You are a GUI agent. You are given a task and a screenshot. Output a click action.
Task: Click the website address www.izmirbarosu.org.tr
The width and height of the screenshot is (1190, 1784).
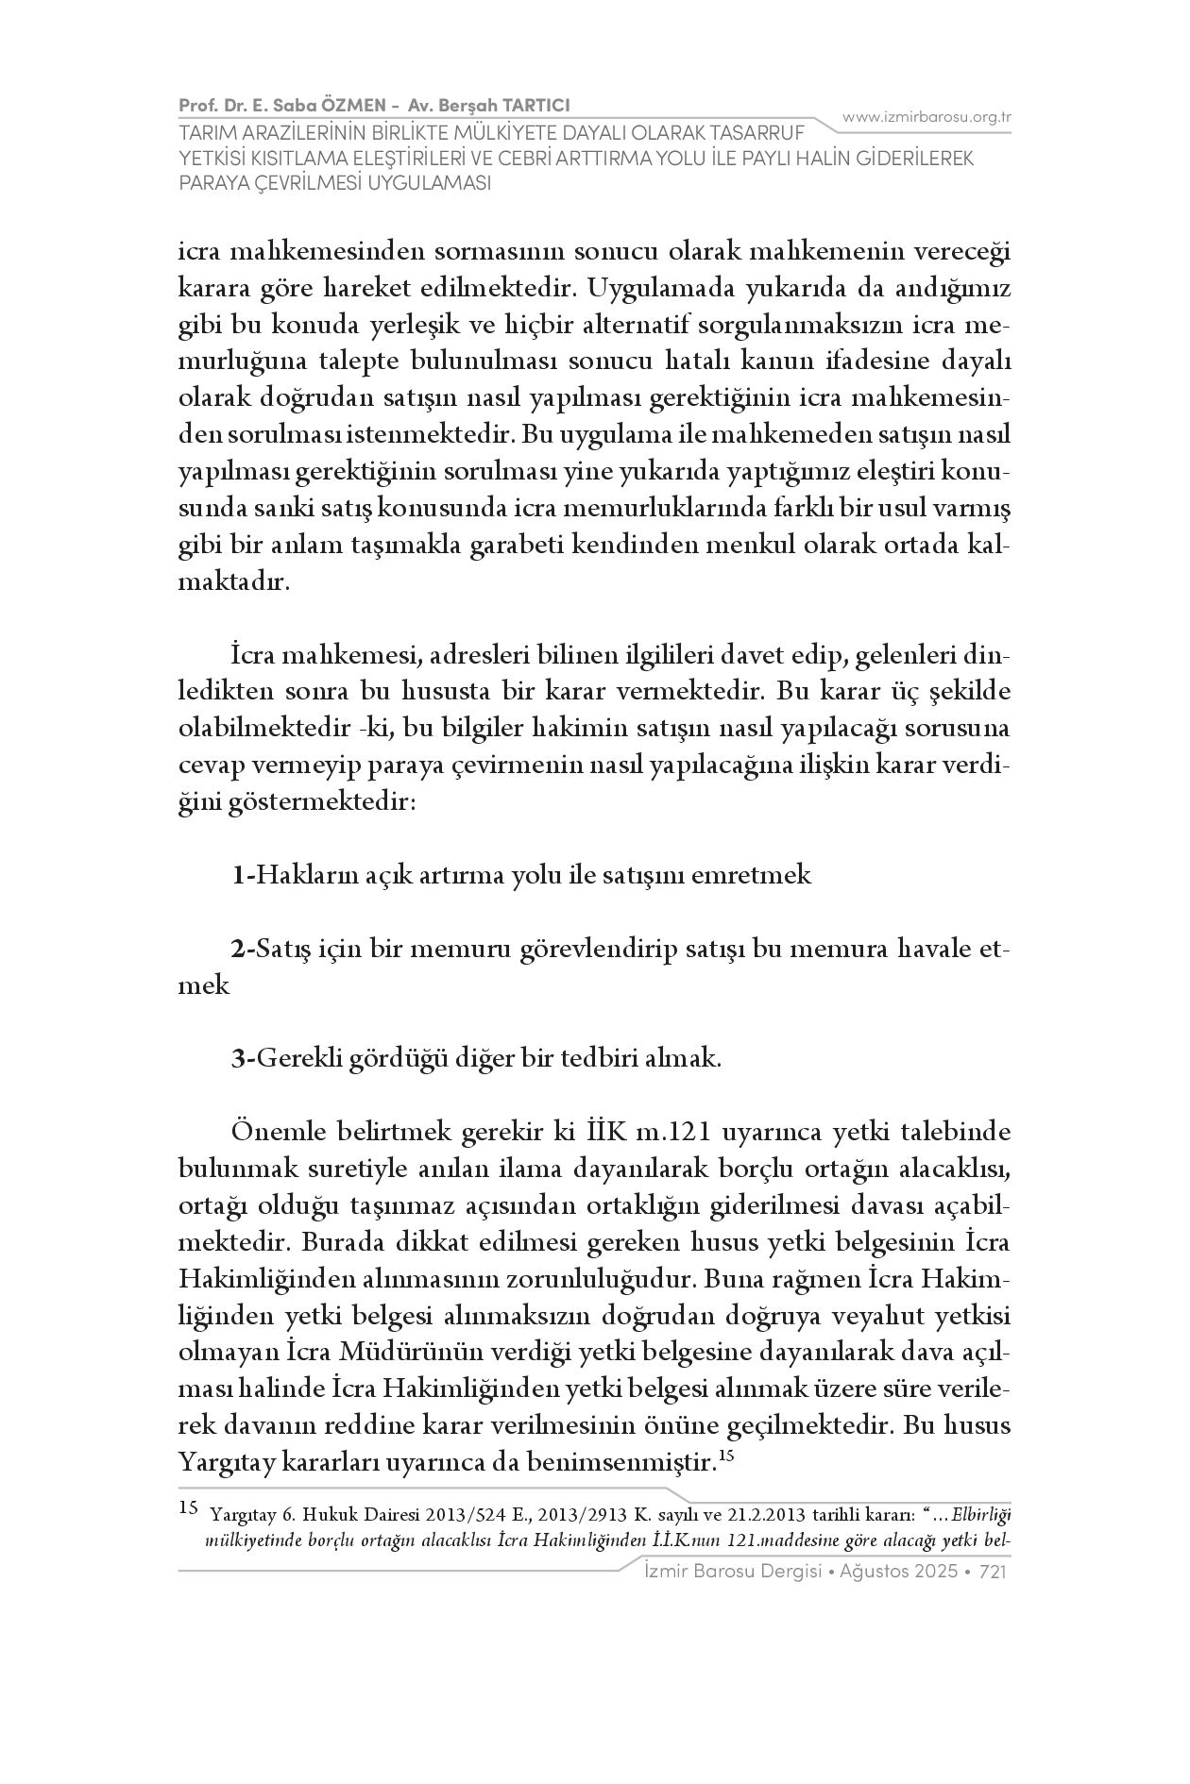click(x=926, y=118)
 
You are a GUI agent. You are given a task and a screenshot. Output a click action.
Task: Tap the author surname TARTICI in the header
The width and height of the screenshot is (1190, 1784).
click(x=535, y=105)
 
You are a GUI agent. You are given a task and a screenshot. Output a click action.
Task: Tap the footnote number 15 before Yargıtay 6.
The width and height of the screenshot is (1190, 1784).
click(x=189, y=1507)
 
